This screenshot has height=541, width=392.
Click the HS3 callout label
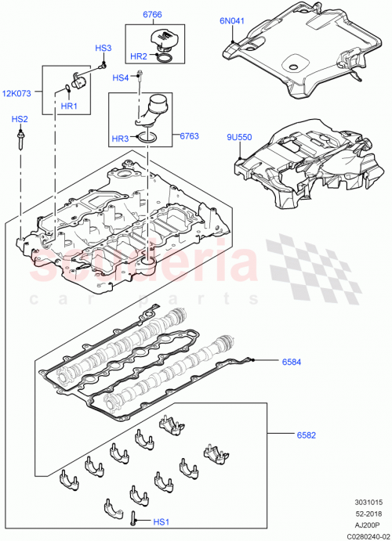click(103, 49)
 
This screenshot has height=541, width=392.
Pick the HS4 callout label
click(120, 78)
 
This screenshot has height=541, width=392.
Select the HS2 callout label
click(20, 119)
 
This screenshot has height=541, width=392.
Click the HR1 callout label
click(69, 106)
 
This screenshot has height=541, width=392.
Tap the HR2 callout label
click(138, 56)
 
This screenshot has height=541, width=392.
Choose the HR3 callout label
click(120, 139)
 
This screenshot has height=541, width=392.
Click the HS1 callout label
click(160, 521)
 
